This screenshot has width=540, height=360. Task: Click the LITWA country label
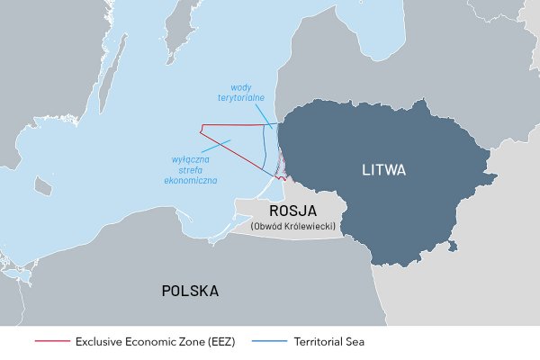[x=383, y=169]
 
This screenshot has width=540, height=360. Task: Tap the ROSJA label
[x=281, y=211]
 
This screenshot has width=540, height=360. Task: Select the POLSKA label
[x=190, y=291]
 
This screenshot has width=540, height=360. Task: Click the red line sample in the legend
[x=50, y=342]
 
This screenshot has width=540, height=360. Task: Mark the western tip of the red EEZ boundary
[x=201, y=126]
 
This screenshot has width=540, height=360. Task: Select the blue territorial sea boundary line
[x=265, y=144]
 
